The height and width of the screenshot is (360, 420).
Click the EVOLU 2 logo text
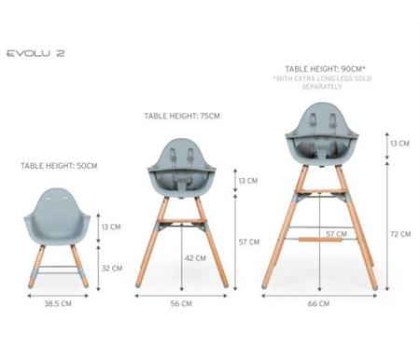click(x=35, y=53)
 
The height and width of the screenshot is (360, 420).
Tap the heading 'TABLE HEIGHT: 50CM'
click(x=59, y=166)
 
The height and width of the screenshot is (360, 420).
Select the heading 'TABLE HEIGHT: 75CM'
click(x=182, y=116)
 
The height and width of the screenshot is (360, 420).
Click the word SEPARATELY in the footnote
click(x=322, y=87)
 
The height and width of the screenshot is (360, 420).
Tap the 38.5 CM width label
click(x=58, y=303)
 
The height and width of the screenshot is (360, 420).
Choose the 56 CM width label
click(x=181, y=303)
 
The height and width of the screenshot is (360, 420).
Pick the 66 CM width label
click(x=318, y=303)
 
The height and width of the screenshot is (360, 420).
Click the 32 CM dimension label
click(x=112, y=269)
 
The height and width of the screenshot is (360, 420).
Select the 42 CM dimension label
click(x=195, y=258)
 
